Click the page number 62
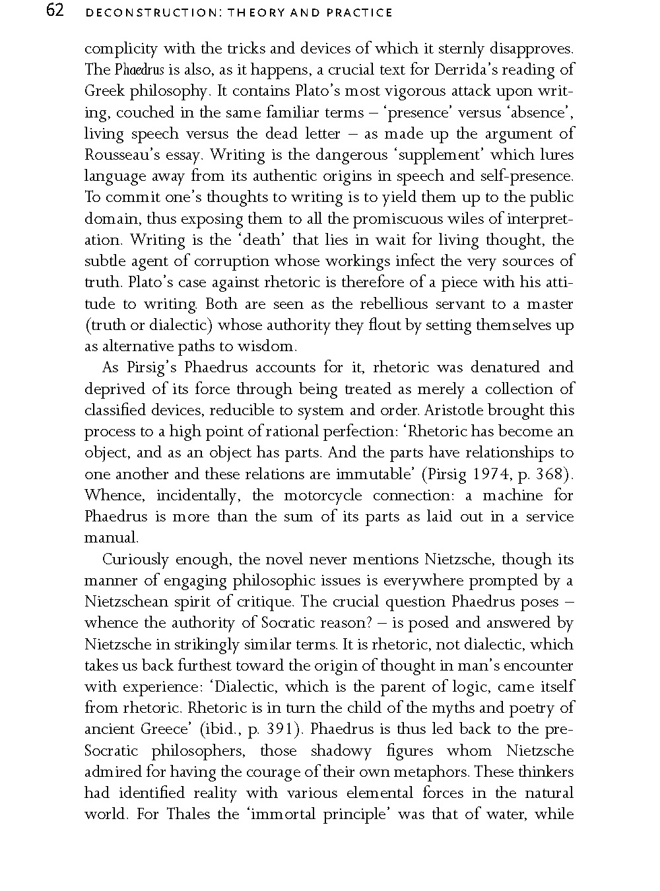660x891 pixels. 55,11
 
